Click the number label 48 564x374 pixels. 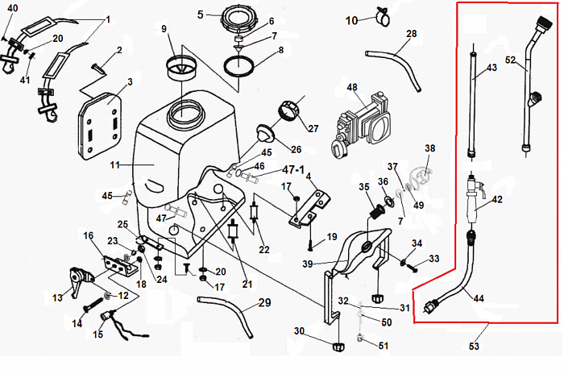(x=352, y=87)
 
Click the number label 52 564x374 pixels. (x=510, y=59)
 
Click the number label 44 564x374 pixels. (x=479, y=299)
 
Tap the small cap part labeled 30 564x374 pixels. (x=338, y=347)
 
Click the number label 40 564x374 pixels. (x=11, y=8)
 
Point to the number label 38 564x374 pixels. (x=429, y=148)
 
